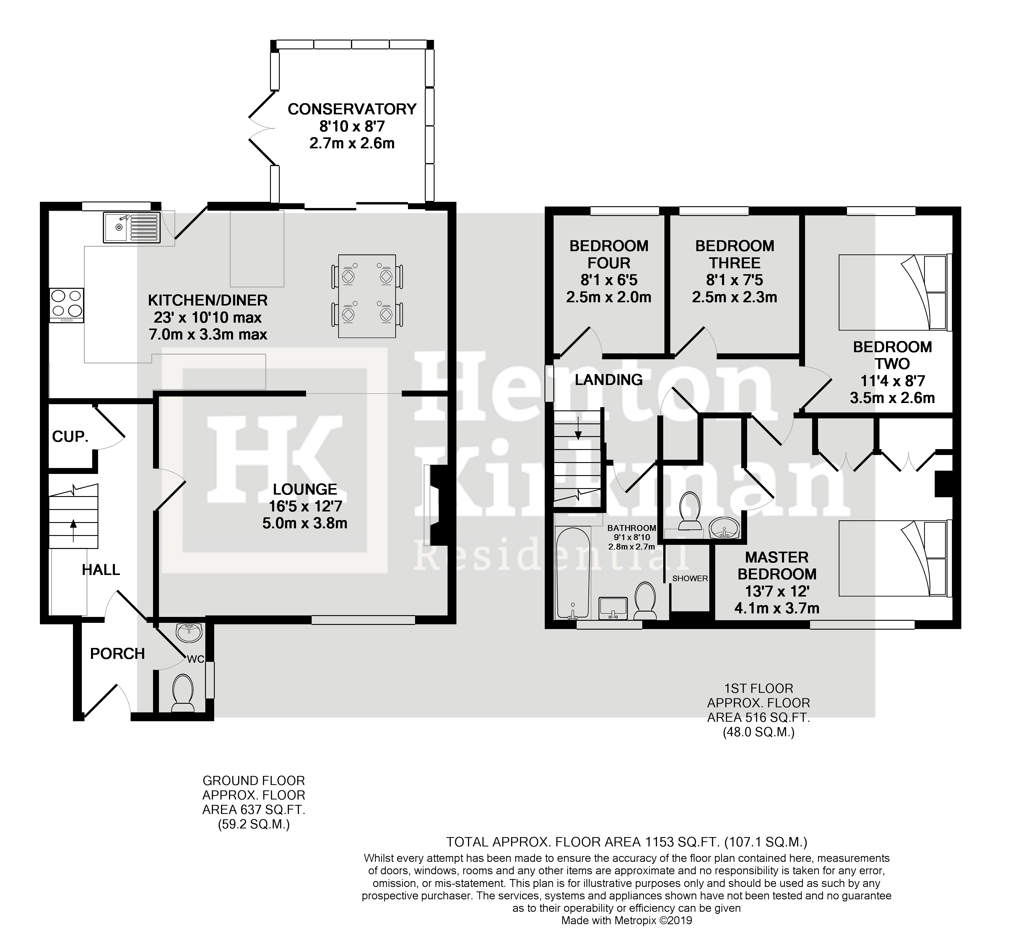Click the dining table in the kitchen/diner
click(367, 296)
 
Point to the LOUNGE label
click(305, 489)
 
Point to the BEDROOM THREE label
click(734, 254)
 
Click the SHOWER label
click(690, 578)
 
